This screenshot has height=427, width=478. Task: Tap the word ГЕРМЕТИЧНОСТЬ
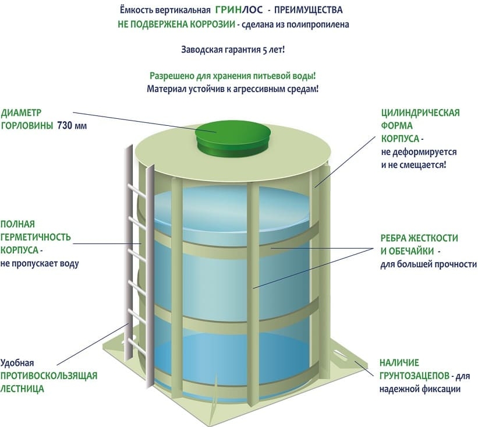pos(36,237)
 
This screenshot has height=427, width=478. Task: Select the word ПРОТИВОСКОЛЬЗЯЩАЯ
pos(48,375)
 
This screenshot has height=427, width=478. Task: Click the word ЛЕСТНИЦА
pos(22,389)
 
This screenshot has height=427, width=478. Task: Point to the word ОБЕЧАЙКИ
pos(411,252)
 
